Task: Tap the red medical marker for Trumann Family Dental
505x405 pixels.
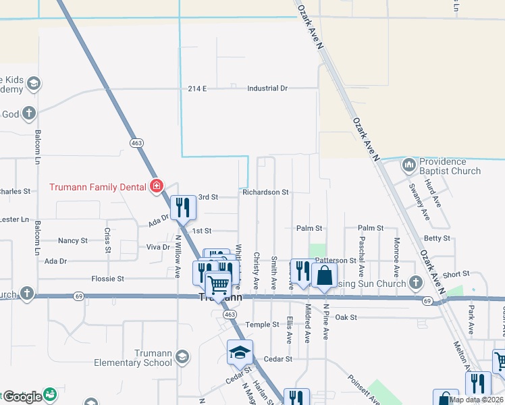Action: pos(157,186)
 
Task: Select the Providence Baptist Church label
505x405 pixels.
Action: pos(451,166)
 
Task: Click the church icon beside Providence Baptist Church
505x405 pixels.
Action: pos(408,165)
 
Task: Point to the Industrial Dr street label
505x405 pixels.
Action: pos(267,88)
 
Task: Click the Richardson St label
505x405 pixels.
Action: pos(266,192)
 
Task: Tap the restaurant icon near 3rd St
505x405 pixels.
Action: pos(182,207)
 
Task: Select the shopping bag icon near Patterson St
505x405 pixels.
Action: pos(325,275)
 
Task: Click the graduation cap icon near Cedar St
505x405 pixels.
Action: pos(240,352)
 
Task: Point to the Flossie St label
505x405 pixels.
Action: pos(108,278)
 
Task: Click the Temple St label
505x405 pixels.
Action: pos(262,325)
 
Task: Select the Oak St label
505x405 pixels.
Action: pos(346,317)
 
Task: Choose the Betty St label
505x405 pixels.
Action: pos(437,238)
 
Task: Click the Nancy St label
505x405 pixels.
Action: pos(73,240)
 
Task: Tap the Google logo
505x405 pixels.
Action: pos(22,397)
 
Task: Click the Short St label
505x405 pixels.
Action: pos(456,274)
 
